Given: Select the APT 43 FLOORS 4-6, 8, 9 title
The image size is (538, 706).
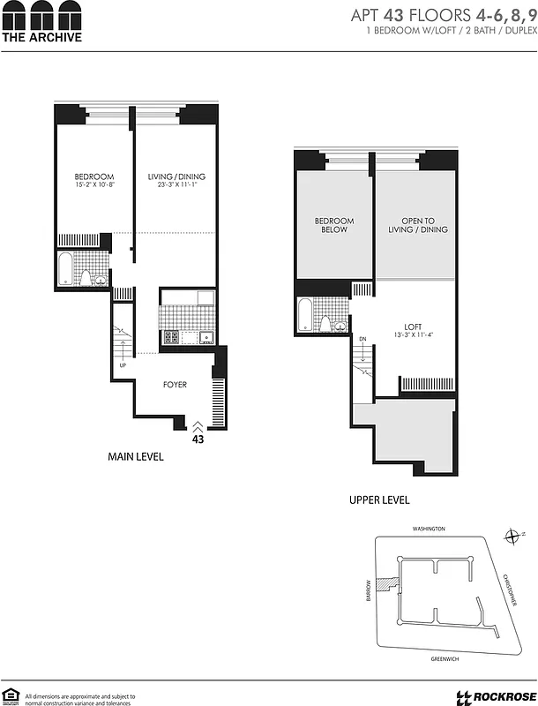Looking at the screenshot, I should [x=444, y=14].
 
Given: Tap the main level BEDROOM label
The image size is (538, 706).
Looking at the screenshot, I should [x=94, y=177].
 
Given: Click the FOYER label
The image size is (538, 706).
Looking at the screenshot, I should [x=175, y=385].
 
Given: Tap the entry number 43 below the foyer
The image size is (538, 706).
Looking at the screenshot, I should [x=198, y=438].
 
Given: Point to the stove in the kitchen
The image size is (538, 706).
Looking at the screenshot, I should [x=170, y=337].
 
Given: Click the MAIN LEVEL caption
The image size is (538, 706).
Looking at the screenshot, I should [x=135, y=457].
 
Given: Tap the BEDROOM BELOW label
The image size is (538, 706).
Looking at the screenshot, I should [x=334, y=225].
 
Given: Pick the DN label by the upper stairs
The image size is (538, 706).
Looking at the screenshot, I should [x=362, y=338].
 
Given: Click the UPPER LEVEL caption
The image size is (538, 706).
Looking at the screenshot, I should [x=379, y=500].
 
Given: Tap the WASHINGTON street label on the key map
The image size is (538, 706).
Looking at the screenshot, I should [x=429, y=529].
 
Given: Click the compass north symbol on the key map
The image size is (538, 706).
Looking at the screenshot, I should [x=512, y=535].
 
